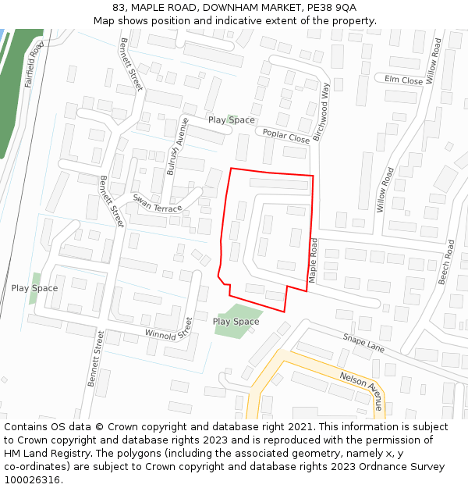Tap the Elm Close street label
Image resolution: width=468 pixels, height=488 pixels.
pos(403,80)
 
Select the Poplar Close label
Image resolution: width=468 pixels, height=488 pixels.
pos(286,135)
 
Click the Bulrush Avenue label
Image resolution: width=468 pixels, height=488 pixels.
pos(179,148)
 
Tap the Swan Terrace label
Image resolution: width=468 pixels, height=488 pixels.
pos(157,203)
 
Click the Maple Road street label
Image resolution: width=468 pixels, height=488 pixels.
pos(313,261)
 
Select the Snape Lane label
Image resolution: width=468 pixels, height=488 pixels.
pos(363,342)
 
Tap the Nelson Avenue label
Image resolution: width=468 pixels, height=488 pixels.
pos(362,390)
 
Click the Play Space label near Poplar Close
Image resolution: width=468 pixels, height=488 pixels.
pos(231,119)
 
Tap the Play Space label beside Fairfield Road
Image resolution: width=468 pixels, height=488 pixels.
pos(34,288)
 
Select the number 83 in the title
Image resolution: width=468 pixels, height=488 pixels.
pos(119,7)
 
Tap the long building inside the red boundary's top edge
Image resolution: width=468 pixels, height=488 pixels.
pos(278,183)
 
